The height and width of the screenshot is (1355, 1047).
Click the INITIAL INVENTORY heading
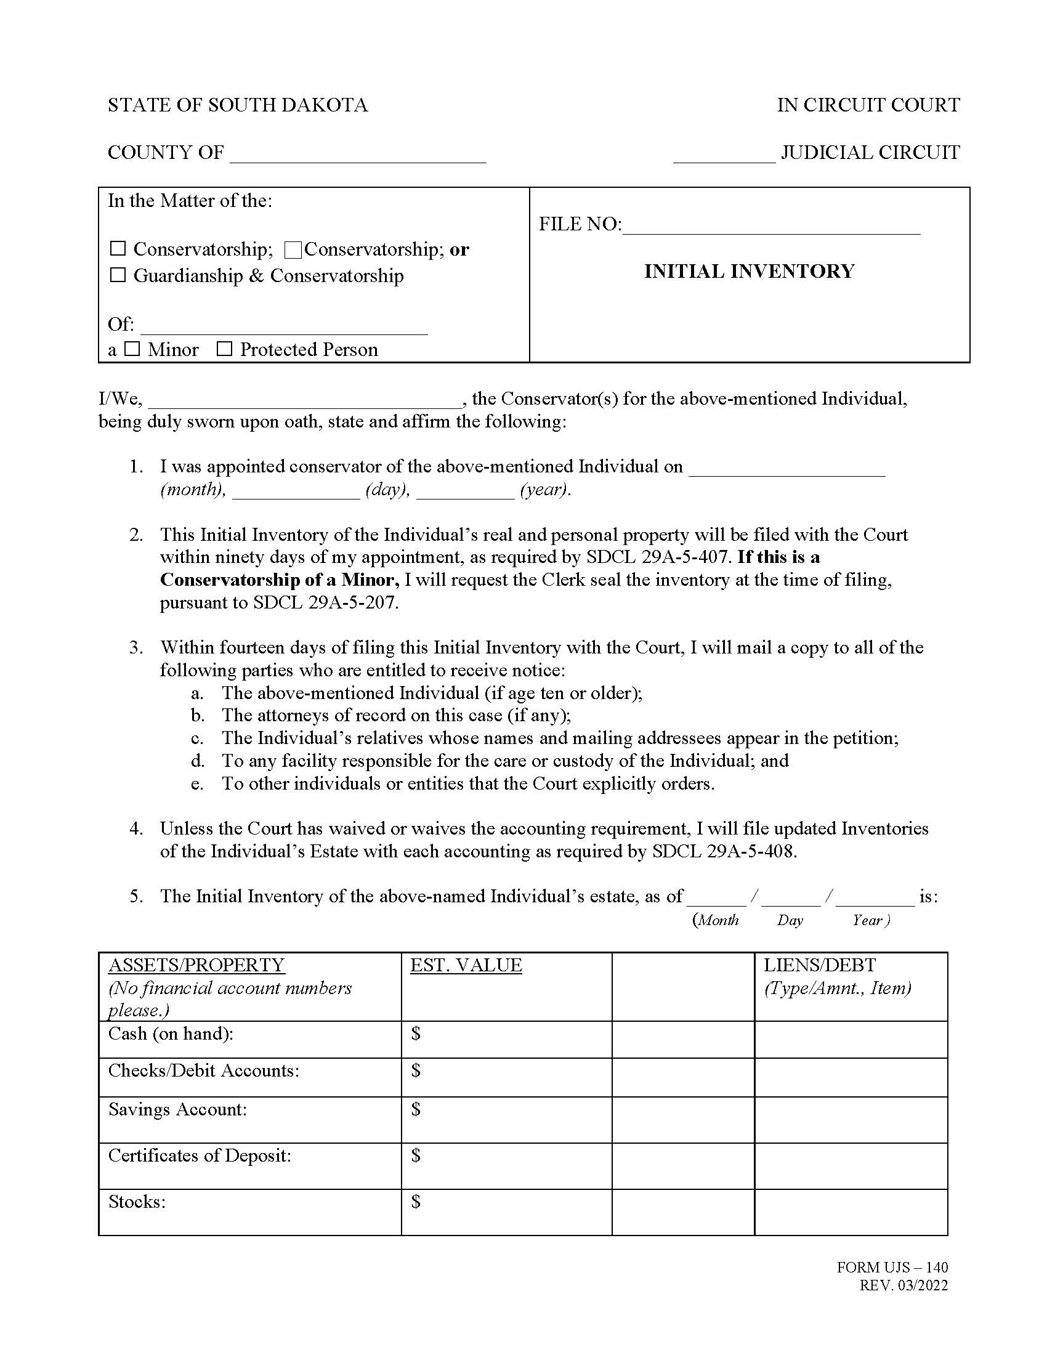click(750, 271)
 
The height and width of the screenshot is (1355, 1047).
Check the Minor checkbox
click(132, 349)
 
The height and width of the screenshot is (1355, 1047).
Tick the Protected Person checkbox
click(225, 349)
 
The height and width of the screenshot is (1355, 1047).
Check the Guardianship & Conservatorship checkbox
click(118, 275)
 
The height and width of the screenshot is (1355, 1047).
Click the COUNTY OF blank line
click(358, 155)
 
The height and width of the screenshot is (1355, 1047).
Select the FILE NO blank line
click(771, 226)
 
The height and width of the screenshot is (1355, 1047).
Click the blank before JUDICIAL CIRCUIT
click(724, 155)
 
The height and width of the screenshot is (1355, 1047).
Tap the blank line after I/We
click(304, 400)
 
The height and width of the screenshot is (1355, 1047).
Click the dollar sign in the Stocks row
click(416, 1201)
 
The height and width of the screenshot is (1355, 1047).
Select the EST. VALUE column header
click(466, 965)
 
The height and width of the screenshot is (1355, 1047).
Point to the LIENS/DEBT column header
click(819, 965)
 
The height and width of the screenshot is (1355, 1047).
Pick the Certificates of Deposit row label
click(199, 1155)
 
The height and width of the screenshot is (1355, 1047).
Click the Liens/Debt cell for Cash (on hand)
click(851, 1039)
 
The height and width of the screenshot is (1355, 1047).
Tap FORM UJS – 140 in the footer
click(892, 1267)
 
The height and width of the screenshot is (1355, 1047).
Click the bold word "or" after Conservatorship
click(459, 249)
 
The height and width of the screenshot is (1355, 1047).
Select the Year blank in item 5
click(875, 898)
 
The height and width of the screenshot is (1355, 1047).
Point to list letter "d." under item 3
click(197, 761)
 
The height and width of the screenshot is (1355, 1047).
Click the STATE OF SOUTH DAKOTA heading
click(238, 105)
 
